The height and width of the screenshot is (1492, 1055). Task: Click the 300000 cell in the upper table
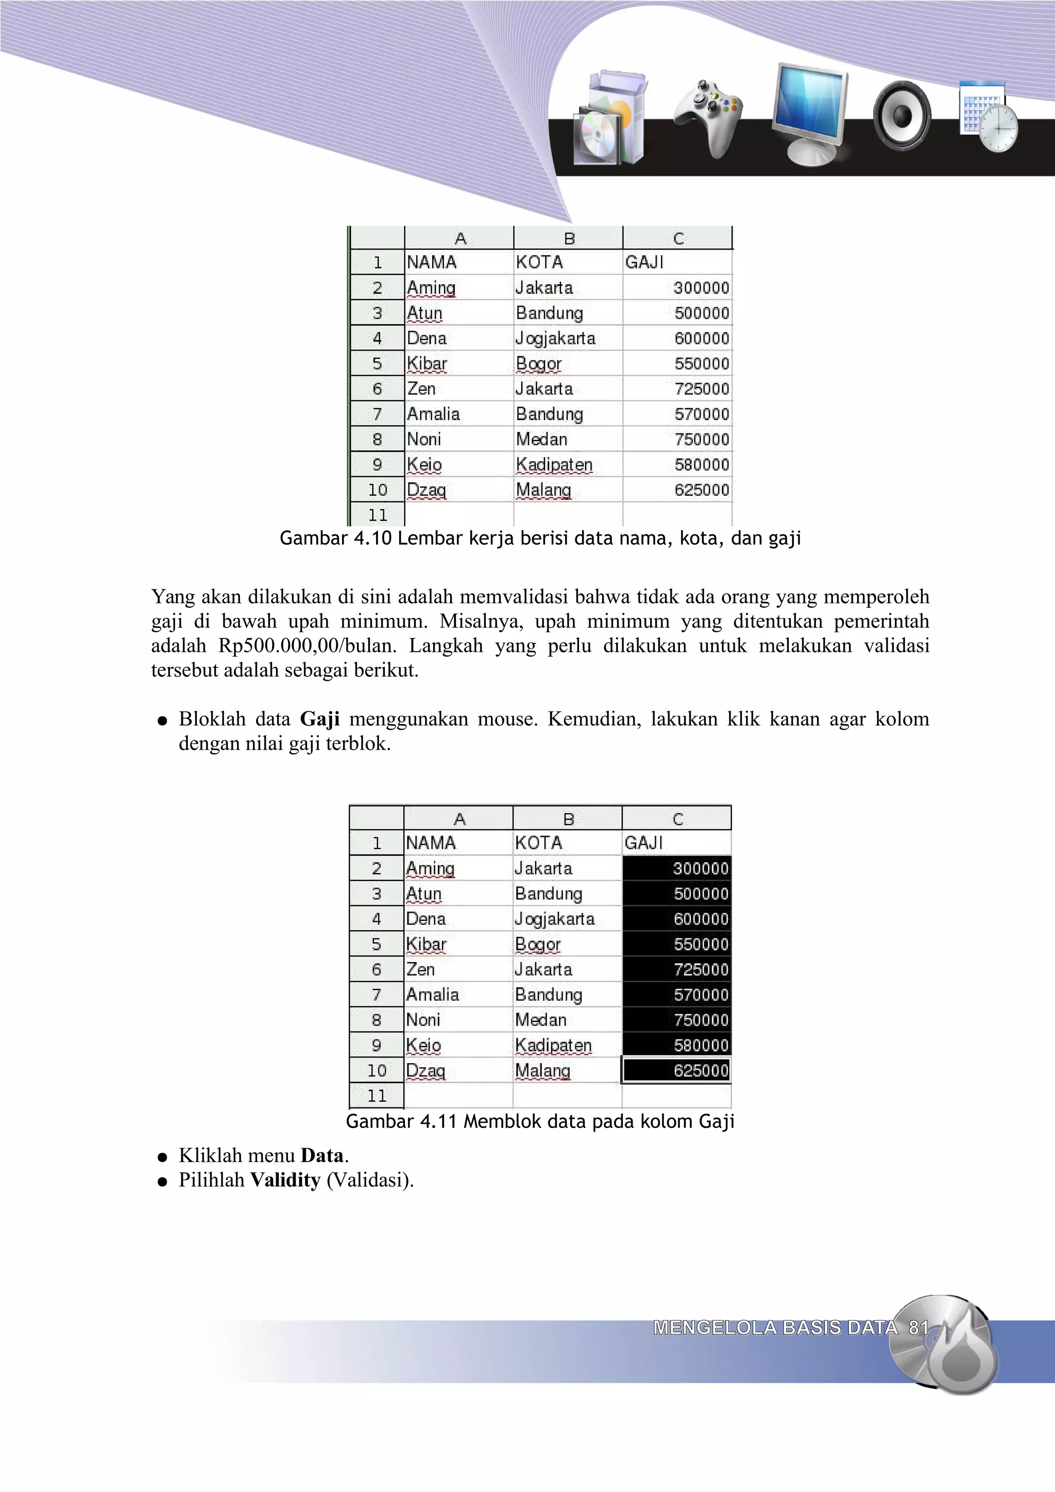(x=701, y=288)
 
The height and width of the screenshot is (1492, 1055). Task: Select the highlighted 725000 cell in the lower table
(x=700, y=969)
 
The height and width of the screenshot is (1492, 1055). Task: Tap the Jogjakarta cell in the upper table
(x=555, y=339)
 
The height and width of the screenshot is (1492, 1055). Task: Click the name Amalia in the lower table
(x=432, y=995)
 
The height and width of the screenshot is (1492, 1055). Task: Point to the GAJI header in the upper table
(x=644, y=263)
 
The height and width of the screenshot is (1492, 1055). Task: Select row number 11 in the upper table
(x=377, y=515)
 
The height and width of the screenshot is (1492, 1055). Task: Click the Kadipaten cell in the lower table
(x=553, y=1046)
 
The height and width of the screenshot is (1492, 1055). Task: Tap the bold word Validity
(x=285, y=1180)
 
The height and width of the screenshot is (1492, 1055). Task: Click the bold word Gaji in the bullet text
(x=320, y=719)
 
